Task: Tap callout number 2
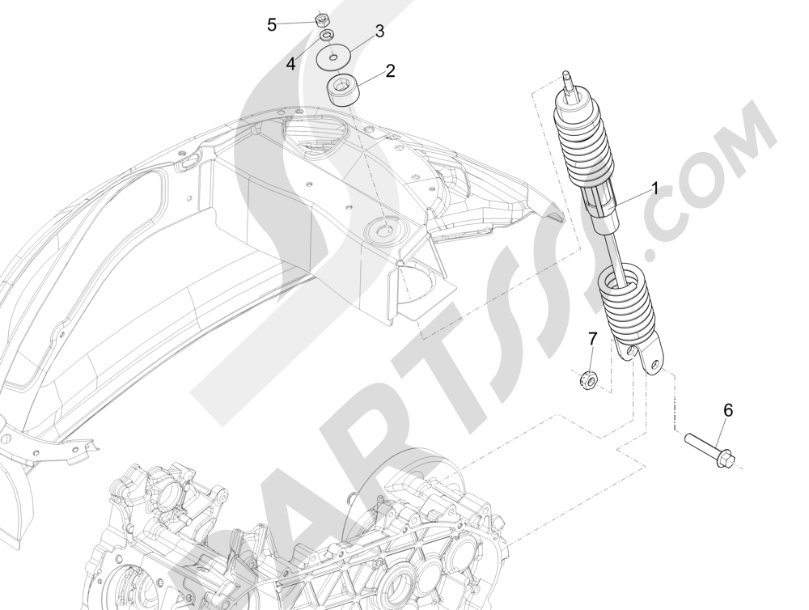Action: click(390, 71)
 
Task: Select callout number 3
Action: click(379, 32)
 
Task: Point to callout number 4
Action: click(290, 63)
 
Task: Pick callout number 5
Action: click(272, 24)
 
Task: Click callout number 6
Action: click(727, 411)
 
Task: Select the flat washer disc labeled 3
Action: click(333, 58)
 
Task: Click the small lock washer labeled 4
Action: click(326, 36)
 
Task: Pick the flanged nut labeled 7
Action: click(589, 377)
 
